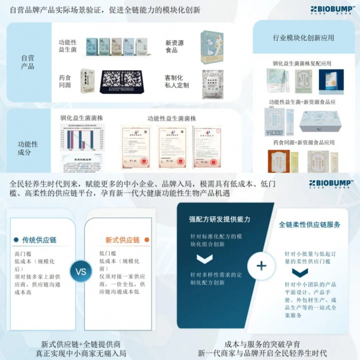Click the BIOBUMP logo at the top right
pos(331,10)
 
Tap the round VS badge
pos(81,272)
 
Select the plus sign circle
pos(261,266)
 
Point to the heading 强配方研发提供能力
pos(220,219)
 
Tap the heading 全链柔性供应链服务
pos(309,225)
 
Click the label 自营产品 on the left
pos(28,62)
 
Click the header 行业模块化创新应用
pos(303,38)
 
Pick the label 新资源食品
pos(174,46)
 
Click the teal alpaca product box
pos(211,47)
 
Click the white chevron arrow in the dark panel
pos(204,259)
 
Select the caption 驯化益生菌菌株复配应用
pos(302,64)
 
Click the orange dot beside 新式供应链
pos(147,240)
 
